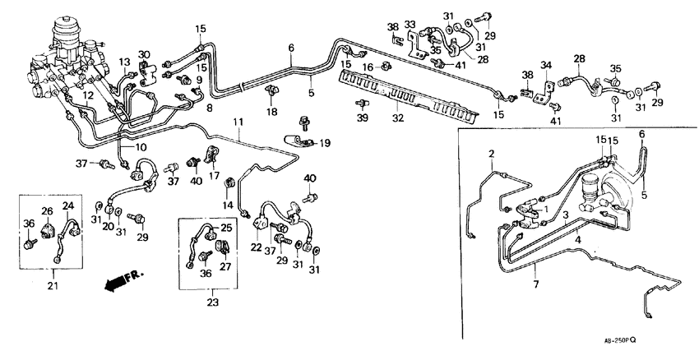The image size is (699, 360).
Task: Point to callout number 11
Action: point(238,122)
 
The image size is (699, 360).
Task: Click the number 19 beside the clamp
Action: point(325,142)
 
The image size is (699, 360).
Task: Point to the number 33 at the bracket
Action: point(410,25)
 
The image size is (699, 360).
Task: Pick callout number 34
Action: point(545,66)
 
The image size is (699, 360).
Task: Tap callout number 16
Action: point(369,66)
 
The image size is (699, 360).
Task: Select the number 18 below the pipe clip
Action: point(270,111)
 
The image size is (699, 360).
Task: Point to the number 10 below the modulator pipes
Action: point(141,147)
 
